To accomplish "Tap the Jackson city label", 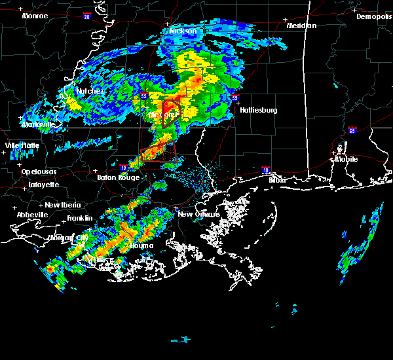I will click(x=183, y=31).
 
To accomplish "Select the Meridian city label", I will click(x=301, y=26).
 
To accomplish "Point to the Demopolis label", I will click(x=373, y=17).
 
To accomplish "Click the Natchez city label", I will click(x=90, y=91).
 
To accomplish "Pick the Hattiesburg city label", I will click(x=258, y=110).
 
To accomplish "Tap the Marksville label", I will click(x=38, y=124).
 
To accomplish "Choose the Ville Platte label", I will click(x=22, y=145).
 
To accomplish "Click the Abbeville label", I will click(x=33, y=215).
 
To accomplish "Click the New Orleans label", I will click(x=195, y=214).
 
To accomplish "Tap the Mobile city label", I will click(x=346, y=159).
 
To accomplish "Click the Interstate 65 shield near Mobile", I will click(x=353, y=130).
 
